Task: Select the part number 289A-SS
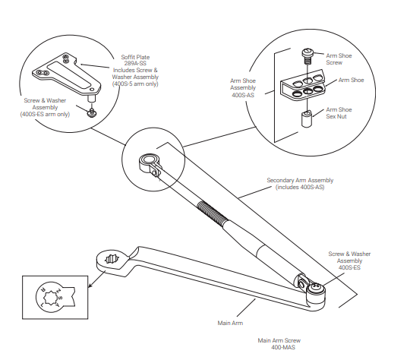137,63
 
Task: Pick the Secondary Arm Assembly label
299,183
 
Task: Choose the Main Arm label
230,323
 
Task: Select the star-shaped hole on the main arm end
111,259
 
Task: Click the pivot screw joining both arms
315,289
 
